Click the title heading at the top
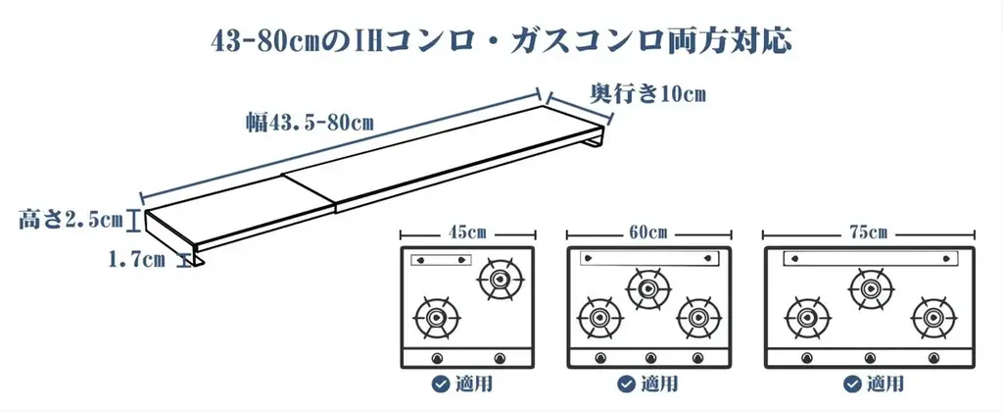click(x=501, y=41)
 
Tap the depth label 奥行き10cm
click(x=647, y=94)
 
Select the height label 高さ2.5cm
click(x=70, y=220)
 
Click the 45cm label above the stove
click(x=468, y=232)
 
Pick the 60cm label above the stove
click(x=648, y=232)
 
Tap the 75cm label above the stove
click(x=869, y=232)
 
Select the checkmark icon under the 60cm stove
click(x=623, y=384)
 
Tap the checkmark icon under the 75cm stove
click(x=844, y=384)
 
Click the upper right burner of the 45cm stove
click(x=500, y=279)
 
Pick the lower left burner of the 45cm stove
click(x=436, y=318)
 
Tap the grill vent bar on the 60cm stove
click(x=646, y=257)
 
